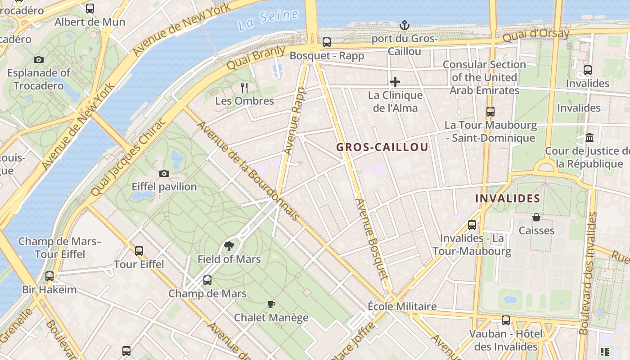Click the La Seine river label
click(269, 19)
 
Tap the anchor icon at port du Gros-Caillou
click(404, 25)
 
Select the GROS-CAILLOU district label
click(382, 147)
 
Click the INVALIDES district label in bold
click(508, 198)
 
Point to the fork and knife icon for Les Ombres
click(244, 87)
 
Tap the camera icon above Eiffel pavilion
click(164, 173)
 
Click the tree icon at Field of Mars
click(229, 246)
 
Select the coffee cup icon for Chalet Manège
click(271, 304)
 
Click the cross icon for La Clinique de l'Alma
click(395, 82)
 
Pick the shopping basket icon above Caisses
click(536, 218)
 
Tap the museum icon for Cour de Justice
click(589, 137)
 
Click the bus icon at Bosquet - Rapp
click(327, 42)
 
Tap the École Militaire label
click(402, 306)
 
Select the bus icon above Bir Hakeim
click(49, 276)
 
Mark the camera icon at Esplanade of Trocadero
click(39, 59)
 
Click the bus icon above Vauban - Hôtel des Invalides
click(506, 320)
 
